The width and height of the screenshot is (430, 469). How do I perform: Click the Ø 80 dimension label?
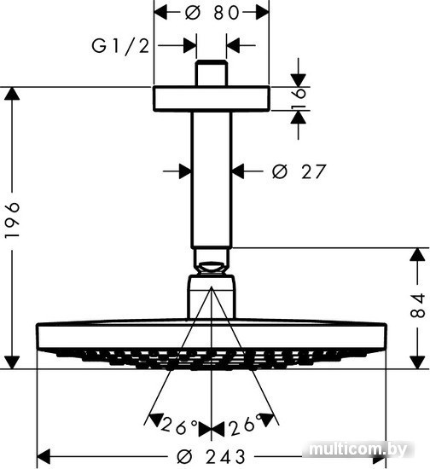click(x=212, y=13)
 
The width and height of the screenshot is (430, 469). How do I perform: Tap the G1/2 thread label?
click(x=120, y=46)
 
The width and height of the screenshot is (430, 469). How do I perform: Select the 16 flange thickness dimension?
click(x=299, y=99)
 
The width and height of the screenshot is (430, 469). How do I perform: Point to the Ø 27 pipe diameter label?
click(x=298, y=171)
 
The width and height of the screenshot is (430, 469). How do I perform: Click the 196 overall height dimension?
click(x=13, y=220)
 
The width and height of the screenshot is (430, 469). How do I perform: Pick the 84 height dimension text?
click(x=417, y=305)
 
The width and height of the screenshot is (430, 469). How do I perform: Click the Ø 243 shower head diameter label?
click(x=211, y=456)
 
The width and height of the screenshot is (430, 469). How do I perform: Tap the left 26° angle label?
click(x=178, y=427)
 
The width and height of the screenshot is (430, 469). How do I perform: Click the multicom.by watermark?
click(x=358, y=449)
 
